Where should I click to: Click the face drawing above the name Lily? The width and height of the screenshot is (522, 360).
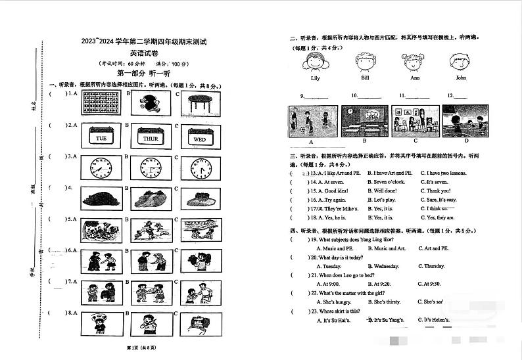pyautogui.click(x=314, y=64)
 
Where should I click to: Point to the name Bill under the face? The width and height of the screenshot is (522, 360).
pyautogui.click(x=365, y=78)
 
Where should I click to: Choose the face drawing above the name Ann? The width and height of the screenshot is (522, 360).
pyautogui.click(x=414, y=64)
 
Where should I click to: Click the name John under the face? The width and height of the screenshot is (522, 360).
pyautogui.click(x=461, y=78)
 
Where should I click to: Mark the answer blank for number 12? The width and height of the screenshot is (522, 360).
pyautogui.click(x=460, y=97)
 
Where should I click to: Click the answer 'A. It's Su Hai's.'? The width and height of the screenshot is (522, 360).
pyautogui.click(x=332, y=320)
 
